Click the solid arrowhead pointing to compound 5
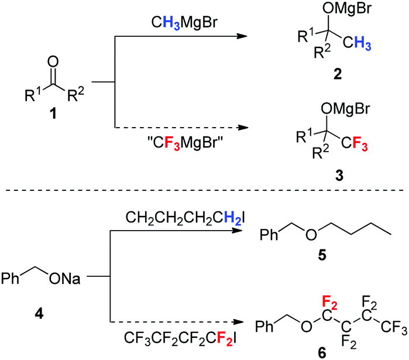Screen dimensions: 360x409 [238, 233]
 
